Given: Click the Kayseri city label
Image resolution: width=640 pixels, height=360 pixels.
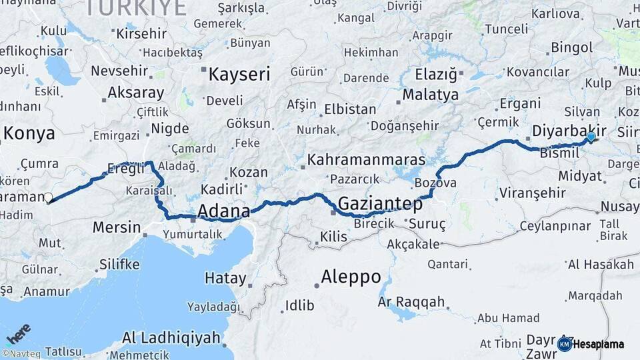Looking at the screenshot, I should coord(239,74).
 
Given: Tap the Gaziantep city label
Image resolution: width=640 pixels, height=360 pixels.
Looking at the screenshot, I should coord(380,203).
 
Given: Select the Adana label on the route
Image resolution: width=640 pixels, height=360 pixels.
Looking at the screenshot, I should coord(223,211).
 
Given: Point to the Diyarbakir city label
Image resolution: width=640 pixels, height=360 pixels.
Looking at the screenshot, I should coord(569,129).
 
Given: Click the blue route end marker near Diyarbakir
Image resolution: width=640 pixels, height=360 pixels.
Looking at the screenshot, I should coord(591,137).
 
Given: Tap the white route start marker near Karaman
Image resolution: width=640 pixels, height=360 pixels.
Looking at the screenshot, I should coord(48,197).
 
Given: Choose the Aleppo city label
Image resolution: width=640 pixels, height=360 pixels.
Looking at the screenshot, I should coord(351,276).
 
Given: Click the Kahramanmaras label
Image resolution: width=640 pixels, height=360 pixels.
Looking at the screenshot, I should coord(366,161).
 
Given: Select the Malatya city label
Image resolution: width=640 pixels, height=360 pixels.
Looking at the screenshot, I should coord(431,95).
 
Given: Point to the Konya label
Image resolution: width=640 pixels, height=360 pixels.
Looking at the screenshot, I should coord(29,133).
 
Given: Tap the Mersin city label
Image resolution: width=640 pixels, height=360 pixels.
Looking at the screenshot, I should coord(117,227).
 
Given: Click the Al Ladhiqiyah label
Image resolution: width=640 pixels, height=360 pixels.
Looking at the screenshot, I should coord(171,338).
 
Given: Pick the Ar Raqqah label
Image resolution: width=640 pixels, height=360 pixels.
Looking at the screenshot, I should coord(411,302).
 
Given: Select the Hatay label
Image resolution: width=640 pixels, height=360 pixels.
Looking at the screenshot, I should coord(225,278).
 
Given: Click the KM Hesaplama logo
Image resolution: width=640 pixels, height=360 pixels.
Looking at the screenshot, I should coord(591,344).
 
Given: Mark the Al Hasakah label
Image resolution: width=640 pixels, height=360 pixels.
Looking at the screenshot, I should coord(601,265).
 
